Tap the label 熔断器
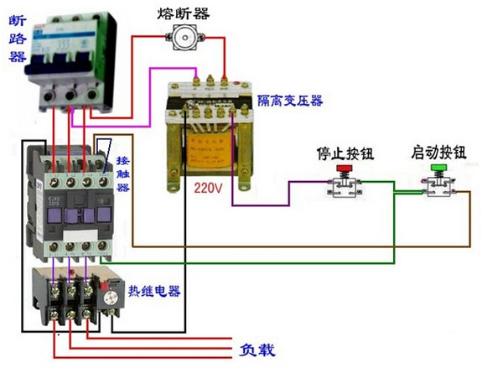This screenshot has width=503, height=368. pyautogui.click(x=181, y=13)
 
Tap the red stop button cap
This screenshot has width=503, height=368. pyautogui.click(x=344, y=169)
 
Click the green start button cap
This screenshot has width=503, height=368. pyautogui.click(x=438, y=168)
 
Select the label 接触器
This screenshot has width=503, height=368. pyautogui.click(x=122, y=174)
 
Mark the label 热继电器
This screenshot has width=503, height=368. pyautogui.click(x=154, y=292)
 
